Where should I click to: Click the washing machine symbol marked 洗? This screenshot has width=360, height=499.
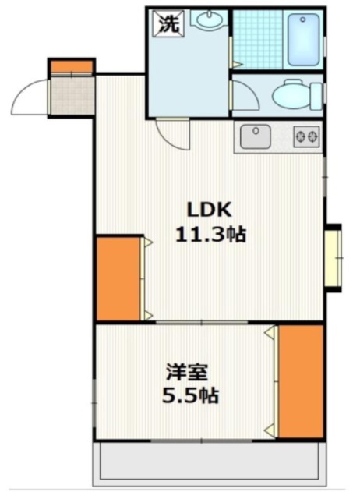[x=168, y=23]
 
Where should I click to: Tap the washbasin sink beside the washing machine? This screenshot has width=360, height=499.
[x=210, y=19]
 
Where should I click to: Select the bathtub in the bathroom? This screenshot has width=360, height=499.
[x=303, y=40]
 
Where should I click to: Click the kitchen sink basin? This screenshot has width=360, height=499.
[x=256, y=136]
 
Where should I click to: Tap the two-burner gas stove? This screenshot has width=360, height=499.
[x=306, y=136]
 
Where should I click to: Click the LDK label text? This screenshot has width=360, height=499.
[x=209, y=210]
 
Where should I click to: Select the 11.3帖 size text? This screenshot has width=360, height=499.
[x=210, y=235]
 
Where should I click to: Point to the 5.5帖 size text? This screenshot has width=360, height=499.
[x=190, y=395]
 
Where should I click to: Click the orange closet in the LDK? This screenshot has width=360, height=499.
[x=118, y=278]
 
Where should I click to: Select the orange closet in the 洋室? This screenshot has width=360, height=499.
[x=301, y=381]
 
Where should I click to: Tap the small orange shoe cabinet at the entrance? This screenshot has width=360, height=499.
[x=72, y=66]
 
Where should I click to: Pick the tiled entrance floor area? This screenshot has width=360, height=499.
[x=72, y=95]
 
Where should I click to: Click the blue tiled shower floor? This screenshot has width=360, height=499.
[x=258, y=40]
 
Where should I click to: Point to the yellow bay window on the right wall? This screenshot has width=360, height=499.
[x=333, y=258]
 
